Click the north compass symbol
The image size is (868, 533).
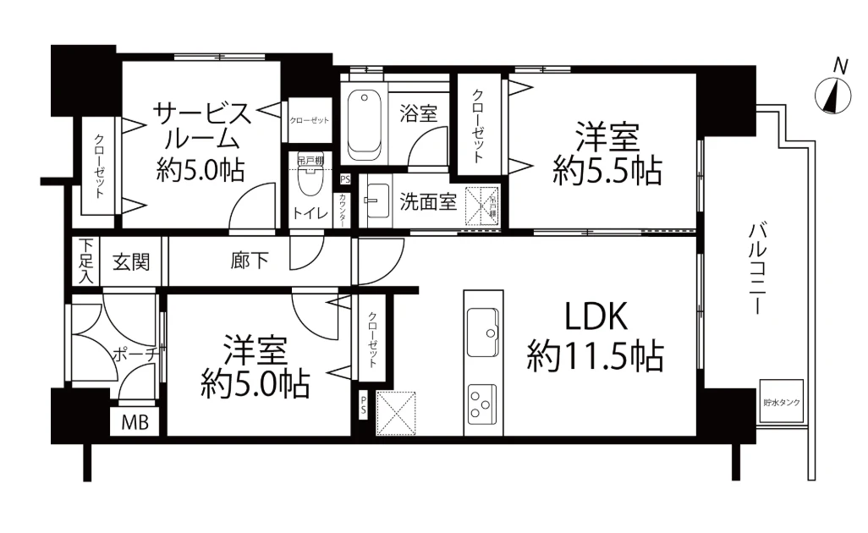(x=833, y=95)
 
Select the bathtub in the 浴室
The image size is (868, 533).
(x=365, y=124)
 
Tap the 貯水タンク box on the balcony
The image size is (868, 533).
(x=781, y=403)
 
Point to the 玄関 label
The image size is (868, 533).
(x=131, y=261)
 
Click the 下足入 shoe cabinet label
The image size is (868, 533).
(x=86, y=261)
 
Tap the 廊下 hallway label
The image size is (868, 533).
(x=250, y=261)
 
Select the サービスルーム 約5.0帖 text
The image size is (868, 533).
(x=201, y=141)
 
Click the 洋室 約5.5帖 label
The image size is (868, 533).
(x=606, y=154)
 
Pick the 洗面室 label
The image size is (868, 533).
(x=428, y=202)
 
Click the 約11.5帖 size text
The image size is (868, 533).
(x=595, y=355)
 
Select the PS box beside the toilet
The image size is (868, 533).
(x=344, y=179)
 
